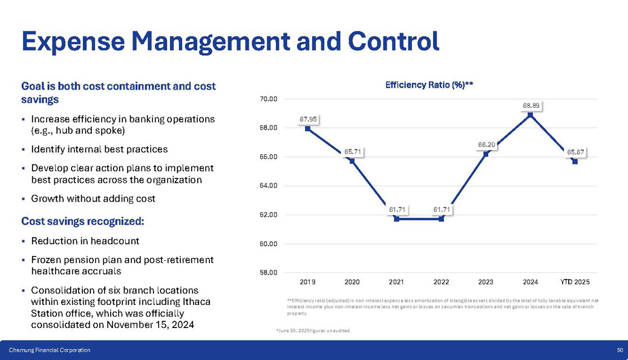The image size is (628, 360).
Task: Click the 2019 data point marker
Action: [308, 128]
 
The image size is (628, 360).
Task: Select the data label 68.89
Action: [531, 105]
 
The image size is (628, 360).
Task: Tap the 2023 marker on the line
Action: [486, 154]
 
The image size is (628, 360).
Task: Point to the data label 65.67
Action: [576, 152]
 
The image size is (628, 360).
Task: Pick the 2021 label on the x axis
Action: [397, 281]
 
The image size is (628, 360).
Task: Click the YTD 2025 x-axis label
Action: [575, 281]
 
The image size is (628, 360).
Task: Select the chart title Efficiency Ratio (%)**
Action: [429, 85]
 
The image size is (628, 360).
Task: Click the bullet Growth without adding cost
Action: [93, 199]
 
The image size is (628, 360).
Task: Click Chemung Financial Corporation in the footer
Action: [50, 350]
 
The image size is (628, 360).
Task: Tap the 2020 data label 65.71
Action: [352, 151]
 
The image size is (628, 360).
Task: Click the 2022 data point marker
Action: [442, 219]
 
